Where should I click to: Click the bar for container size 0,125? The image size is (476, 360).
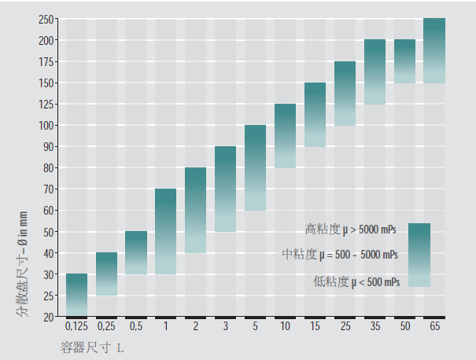pyautogui.click(x=76, y=295)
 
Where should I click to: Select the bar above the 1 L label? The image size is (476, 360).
pyautogui.click(x=166, y=231)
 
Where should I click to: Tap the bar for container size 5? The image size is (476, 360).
pyautogui.click(x=255, y=167)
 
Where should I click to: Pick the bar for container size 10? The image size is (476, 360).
pyautogui.click(x=285, y=136)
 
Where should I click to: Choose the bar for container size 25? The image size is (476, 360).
pyautogui.click(x=345, y=94)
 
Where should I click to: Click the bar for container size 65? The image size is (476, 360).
pyautogui.click(x=434, y=50)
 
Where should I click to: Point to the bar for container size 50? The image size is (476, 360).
pyautogui.click(x=404, y=61)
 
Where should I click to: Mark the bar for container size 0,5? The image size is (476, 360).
pyautogui.click(x=136, y=252)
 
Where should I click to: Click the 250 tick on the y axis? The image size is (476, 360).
pyautogui.click(x=47, y=19)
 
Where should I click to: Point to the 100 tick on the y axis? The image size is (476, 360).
pyautogui.click(x=47, y=126)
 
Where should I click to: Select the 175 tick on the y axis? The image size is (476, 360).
pyautogui.click(x=47, y=61)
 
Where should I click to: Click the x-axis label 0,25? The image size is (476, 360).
pyautogui.click(x=106, y=326)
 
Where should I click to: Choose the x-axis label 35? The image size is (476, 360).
pyautogui.click(x=375, y=326)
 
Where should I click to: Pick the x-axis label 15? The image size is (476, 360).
pyautogui.click(x=315, y=326)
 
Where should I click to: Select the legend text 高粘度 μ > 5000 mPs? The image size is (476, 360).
pyautogui.click(x=351, y=230)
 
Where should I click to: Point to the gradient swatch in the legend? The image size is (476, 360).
pyautogui.click(x=419, y=255)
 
